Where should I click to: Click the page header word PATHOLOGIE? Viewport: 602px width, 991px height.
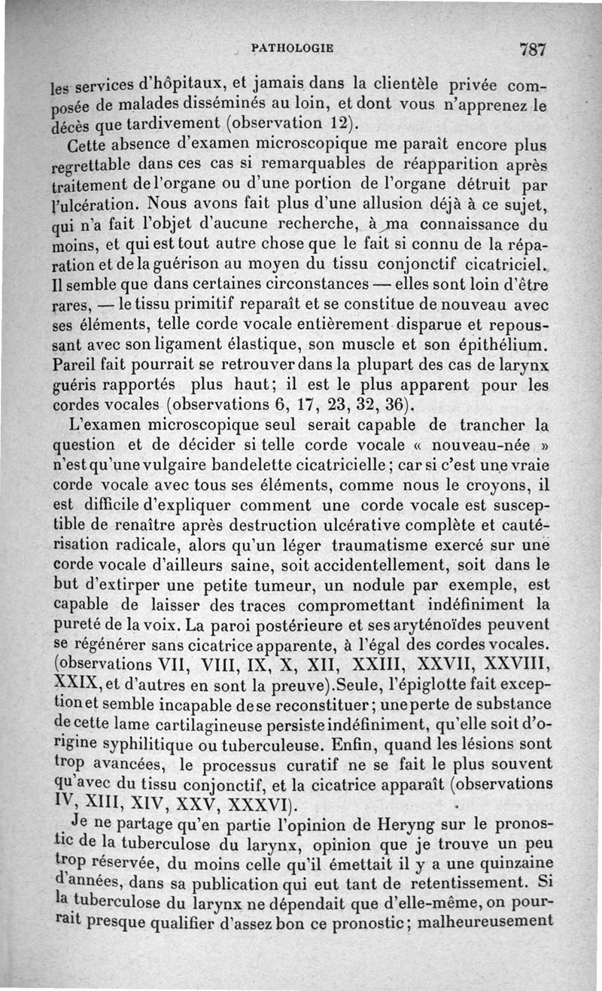[x=292, y=47]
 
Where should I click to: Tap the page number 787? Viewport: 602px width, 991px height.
[x=531, y=50]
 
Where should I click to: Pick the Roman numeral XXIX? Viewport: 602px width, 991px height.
[x=79, y=683]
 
